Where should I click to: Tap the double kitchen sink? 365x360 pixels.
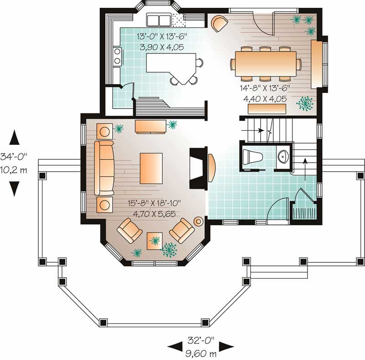tap(158, 20)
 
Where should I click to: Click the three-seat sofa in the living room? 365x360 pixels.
tap(104, 168)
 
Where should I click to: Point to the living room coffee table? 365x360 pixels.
tap(151, 168)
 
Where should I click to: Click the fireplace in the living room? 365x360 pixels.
tap(198, 168)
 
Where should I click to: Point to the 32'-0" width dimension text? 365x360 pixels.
tap(201, 340)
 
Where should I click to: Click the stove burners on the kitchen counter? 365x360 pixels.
tap(117, 56)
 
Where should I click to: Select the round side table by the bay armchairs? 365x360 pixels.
tap(198, 221)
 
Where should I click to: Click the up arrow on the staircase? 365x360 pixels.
tap(305, 162)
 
